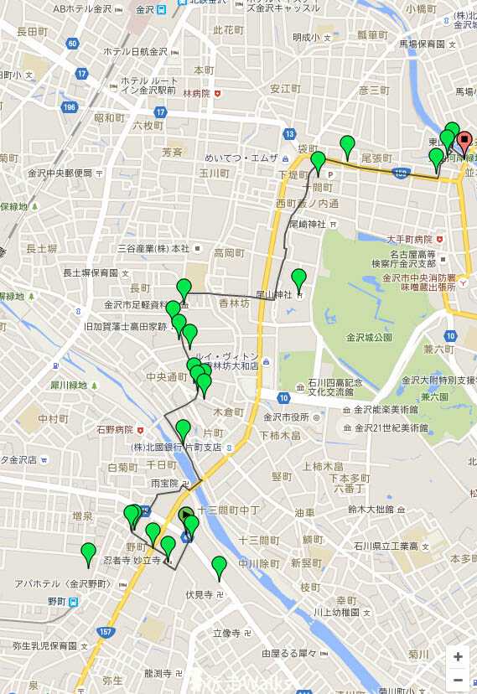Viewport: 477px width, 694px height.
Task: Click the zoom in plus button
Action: coord(458,656)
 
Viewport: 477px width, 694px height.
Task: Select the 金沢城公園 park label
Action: coord(369,337)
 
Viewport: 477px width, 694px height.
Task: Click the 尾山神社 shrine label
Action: coord(272,294)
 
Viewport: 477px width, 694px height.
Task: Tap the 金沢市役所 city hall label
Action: coord(287,417)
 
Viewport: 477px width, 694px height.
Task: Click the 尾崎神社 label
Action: coord(308,224)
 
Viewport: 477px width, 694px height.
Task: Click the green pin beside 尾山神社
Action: coord(298,279)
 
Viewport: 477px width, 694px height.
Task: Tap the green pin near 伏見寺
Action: coord(219,568)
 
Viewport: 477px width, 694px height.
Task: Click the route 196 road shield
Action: coord(69,107)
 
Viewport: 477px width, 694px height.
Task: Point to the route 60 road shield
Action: coord(73,44)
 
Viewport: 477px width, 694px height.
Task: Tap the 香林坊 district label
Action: coord(236,303)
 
